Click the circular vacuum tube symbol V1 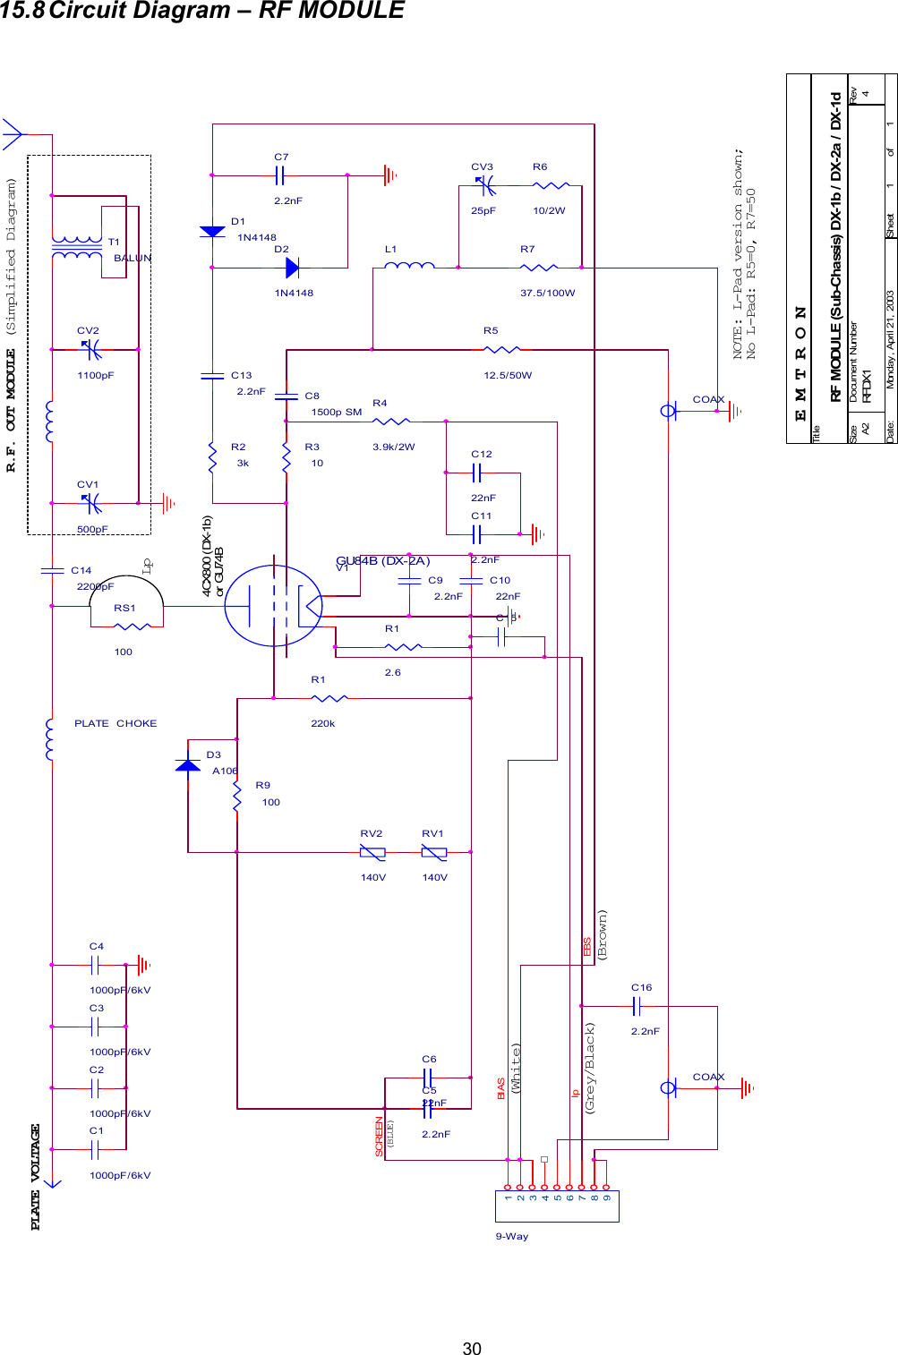coord(273,606)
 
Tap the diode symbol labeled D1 coord(212,232)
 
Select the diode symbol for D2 coord(291,267)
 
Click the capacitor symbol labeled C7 coord(279,175)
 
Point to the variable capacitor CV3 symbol coord(484,186)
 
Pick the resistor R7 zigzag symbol coord(539,267)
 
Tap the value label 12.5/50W coord(508,375)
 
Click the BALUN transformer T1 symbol coord(77,248)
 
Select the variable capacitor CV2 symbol coord(90,349)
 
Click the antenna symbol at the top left coord(13,134)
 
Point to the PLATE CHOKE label coord(115,723)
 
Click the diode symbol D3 coord(188,765)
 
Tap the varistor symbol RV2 coord(372,853)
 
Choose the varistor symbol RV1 coord(433,853)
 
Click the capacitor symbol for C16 coord(637,1007)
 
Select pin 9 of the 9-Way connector coord(607,1197)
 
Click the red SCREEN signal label coord(379,1137)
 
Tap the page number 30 coord(472,1349)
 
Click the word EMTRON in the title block coord(800,363)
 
